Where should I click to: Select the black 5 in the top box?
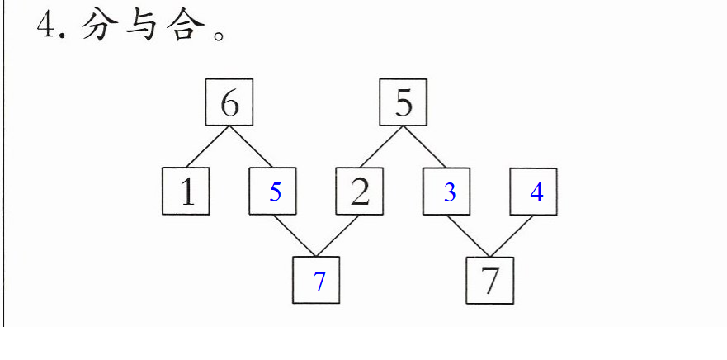click(x=404, y=103)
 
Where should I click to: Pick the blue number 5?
click(x=276, y=192)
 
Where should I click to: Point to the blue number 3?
click(x=450, y=192)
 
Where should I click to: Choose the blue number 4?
click(x=536, y=192)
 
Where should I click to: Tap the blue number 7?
click(x=319, y=281)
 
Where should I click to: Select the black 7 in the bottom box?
click(x=490, y=282)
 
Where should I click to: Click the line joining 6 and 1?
click(x=207, y=147)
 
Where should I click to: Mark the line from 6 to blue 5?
click(x=250, y=147)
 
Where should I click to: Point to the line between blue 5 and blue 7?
click(x=295, y=235)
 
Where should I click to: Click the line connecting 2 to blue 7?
click(x=338, y=235)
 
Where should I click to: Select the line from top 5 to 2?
click(x=381, y=147)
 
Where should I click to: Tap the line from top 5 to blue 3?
click(x=424, y=147)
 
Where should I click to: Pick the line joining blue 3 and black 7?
click(x=468, y=235)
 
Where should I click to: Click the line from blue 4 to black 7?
click(x=512, y=235)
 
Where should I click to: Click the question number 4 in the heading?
click(x=46, y=26)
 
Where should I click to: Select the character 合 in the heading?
click(x=185, y=25)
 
